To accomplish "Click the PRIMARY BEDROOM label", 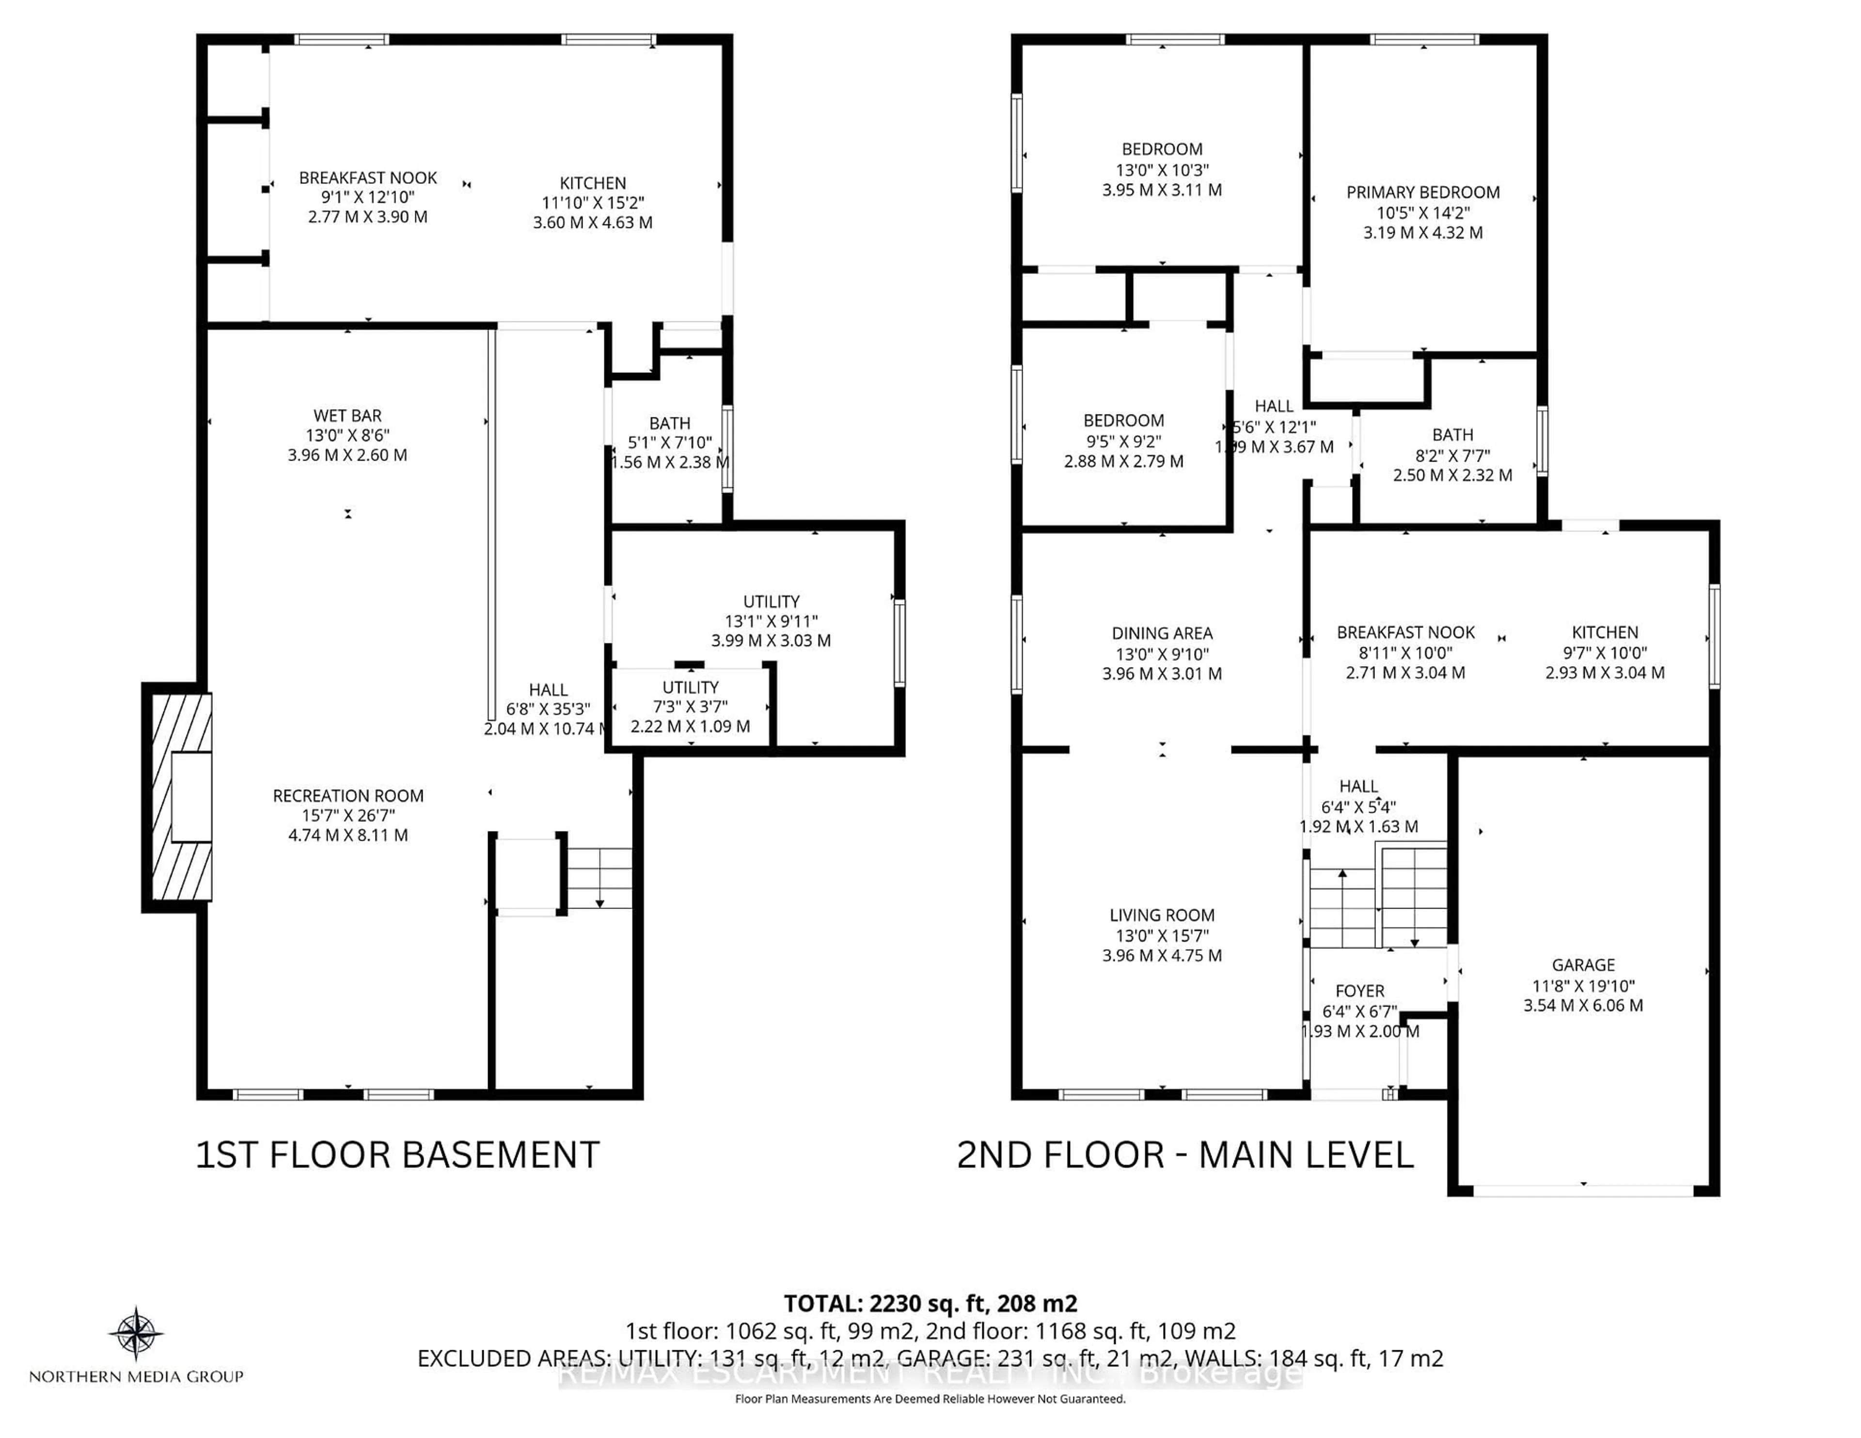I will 1422,192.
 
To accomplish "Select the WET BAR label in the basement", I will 347,416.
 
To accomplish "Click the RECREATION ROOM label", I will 347,796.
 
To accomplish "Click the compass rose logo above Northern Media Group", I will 136,1332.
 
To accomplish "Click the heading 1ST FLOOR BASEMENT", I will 398,1155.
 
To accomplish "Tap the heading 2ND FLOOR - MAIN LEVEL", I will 1185,1155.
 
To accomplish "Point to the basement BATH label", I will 670,424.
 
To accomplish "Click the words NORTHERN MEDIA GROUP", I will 136,1376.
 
